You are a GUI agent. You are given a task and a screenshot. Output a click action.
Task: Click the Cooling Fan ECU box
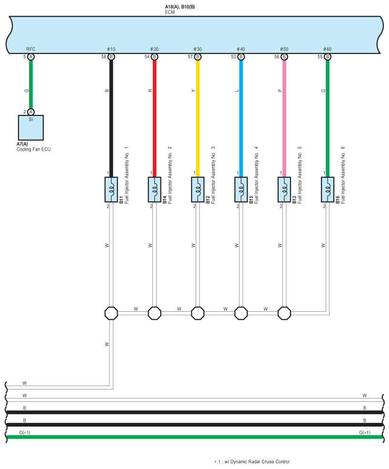click(31, 128)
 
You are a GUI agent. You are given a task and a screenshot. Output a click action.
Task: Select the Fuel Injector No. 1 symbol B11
click(111, 190)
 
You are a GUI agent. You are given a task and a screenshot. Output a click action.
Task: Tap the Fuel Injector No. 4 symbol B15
click(241, 190)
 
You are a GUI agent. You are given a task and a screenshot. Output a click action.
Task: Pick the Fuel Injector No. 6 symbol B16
click(328, 190)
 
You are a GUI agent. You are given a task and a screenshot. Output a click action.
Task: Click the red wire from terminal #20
click(154, 119)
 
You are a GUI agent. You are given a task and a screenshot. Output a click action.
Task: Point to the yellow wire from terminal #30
click(198, 119)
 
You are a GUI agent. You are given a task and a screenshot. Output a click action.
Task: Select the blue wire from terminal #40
click(241, 119)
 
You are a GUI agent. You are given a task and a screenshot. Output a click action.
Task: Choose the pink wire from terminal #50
click(284, 119)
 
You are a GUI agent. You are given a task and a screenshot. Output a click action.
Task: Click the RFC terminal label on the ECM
click(31, 49)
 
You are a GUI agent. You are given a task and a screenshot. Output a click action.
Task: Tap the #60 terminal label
click(328, 49)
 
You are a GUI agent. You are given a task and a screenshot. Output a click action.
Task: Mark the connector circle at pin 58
click(111, 57)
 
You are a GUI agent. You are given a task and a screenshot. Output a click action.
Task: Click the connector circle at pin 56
click(284, 57)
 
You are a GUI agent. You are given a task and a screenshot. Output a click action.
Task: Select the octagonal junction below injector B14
click(154, 313)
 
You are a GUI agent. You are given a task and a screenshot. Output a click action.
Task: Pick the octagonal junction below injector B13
click(284, 313)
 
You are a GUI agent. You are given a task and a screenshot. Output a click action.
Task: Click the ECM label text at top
click(170, 12)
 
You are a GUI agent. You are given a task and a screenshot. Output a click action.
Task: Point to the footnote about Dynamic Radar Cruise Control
click(252, 462)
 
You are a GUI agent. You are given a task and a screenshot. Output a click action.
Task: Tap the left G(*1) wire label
click(25, 432)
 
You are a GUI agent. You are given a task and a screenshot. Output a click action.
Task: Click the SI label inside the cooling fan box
click(31, 119)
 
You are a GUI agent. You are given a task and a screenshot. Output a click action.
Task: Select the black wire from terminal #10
click(111, 119)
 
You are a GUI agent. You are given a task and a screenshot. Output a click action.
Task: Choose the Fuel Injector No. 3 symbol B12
click(198, 190)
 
